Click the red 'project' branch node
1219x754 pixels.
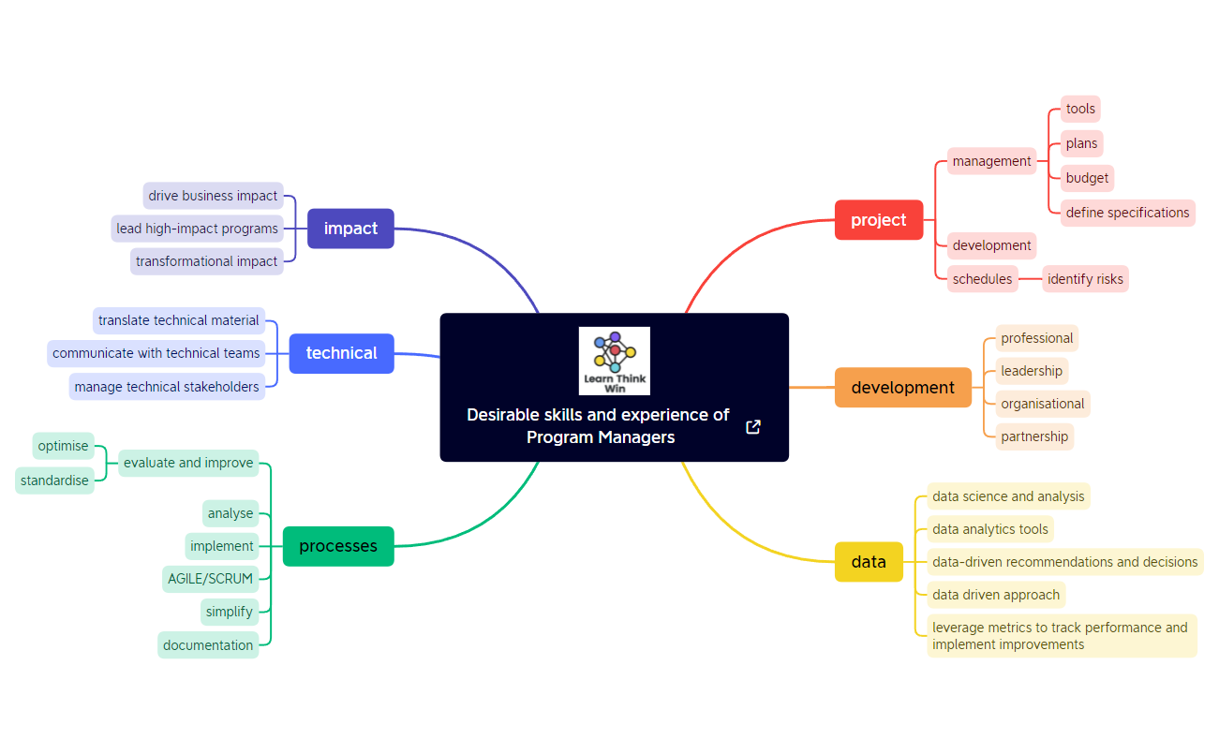tap(879, 220)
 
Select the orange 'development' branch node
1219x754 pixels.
tap(902, 388)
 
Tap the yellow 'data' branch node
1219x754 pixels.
tap(869, 562)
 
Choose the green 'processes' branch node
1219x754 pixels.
tap(338, 546)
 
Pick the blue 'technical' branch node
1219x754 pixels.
tap(341, 353)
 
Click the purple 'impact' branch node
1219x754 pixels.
tap(350, 229)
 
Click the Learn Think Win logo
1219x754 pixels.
tap(614, 361)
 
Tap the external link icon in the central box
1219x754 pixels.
tap(752, 427)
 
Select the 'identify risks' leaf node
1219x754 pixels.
tap(1085, 279)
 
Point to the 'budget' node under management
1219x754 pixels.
tap(1087, 178)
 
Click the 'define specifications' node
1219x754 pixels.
tap(1127, 213)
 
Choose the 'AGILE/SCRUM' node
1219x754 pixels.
tap(210, 579)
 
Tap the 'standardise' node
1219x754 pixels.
tap(54, 480)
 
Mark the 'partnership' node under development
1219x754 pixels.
tap(1033, 436)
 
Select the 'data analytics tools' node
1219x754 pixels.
tap(989, 529)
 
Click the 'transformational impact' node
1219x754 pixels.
tap(206, 261)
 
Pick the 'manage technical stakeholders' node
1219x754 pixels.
tap(167, 387)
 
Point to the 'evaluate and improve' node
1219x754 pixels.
tap(188, 463)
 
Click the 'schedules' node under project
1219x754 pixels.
tap(982, 279)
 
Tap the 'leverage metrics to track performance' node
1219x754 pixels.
tap(1061, 636)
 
